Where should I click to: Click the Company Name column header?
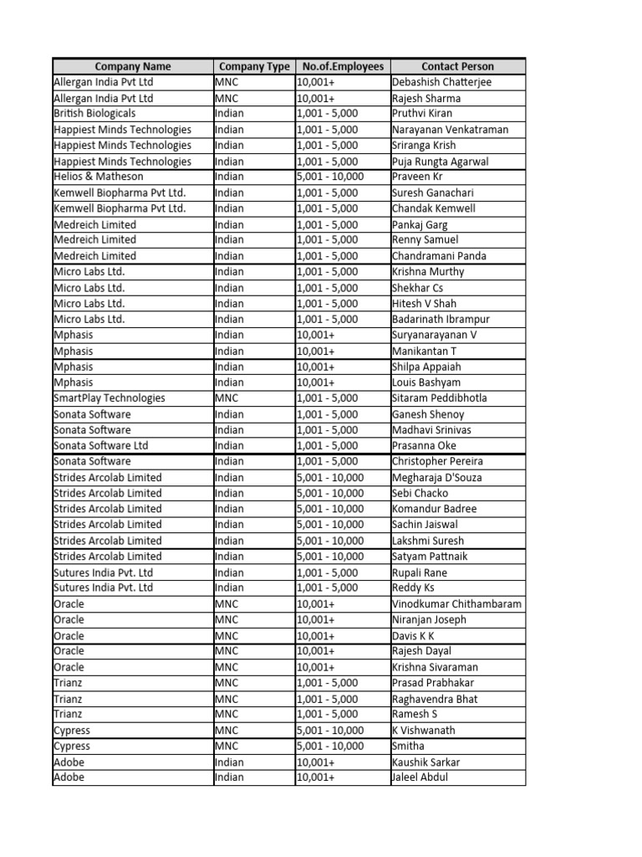point(133,66)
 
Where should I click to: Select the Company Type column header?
point(254,66)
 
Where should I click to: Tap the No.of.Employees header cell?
point(343,66)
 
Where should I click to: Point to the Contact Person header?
point(457,66)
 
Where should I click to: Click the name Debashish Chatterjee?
point(442,82)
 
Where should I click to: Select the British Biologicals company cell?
point(94,113)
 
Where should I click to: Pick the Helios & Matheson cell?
point(99,177)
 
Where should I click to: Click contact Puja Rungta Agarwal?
point(441,161)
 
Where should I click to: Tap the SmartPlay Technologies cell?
point(110,398)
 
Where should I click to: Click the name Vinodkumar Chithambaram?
point(456,603)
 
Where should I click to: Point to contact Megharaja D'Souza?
point(436,477)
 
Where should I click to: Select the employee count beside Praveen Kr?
point(330,177)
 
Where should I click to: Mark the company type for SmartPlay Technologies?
point(227,398)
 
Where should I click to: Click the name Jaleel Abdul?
point(420,777)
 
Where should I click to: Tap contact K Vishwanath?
point(424,730)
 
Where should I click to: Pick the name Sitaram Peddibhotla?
point(439,398)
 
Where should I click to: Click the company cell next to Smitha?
point(72,746)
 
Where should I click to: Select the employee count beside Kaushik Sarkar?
point(316,762)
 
